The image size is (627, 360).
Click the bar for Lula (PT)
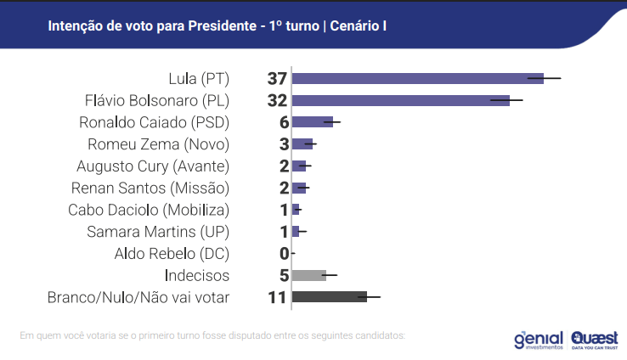click(417, 78)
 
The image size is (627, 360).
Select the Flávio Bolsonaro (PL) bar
click(400, 100)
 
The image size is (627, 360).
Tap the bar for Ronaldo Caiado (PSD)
click(312, 121)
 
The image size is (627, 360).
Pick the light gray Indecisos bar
click(308, 274)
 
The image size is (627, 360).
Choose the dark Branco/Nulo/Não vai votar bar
click(329, 296)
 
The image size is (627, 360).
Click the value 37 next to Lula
click(277, 78)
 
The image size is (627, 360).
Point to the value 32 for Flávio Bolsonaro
click(277, 100)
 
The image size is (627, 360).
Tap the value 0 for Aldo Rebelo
click(284, 253)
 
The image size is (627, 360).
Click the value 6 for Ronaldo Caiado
click(284, 121)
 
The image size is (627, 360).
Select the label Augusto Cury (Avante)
click(159, 166)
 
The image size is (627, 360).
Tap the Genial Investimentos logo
click(539, 339)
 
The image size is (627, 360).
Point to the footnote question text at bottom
click(212, 335)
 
